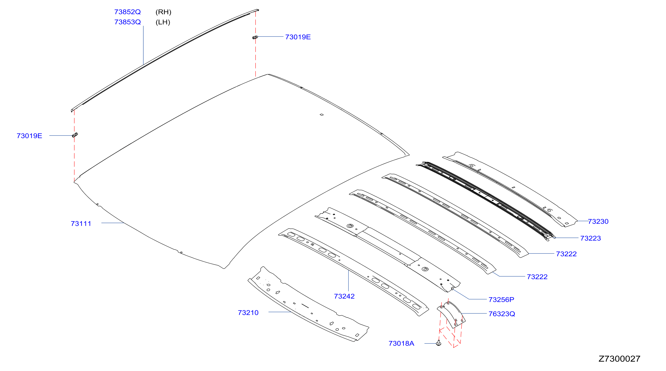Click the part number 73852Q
(x=127, y=12)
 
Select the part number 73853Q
(x=127, y=22)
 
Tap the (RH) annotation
(x=163, y=12)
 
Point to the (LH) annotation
(x=163, y=22)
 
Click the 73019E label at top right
(x=298, y=37)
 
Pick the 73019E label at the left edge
(x=30, y=136)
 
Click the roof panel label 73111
(x=81, y=223)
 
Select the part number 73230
(x=598, y=221)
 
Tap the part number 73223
(x=590, y=238)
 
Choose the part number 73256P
(x=501, y=299)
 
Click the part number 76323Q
(x=502, y=314)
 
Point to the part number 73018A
(x=401, y=343)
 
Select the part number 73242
(x=344, y=296)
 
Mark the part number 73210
(x=248, y=313)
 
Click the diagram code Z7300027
(x=619, y=359)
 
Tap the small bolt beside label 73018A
(x=438, y=343)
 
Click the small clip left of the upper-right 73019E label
(x=255, y=37)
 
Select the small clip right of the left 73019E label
(x=75, y=135)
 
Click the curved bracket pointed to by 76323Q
(x=451, y=315)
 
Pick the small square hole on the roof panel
(x=322, y=115)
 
